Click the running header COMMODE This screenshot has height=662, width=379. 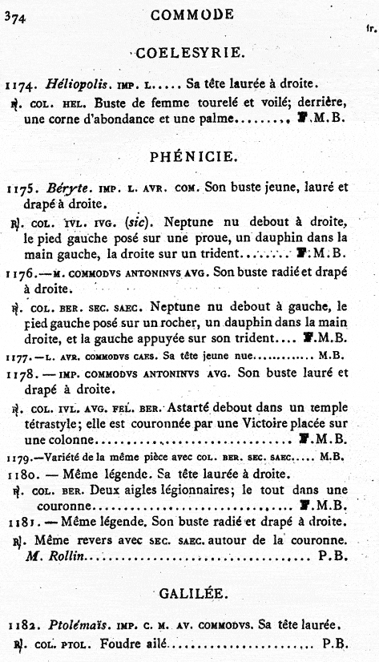(192, 14)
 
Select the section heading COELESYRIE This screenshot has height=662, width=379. (190, 54)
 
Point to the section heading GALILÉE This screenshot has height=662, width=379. (190, 593)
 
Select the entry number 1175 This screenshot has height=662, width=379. (21, 190)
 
